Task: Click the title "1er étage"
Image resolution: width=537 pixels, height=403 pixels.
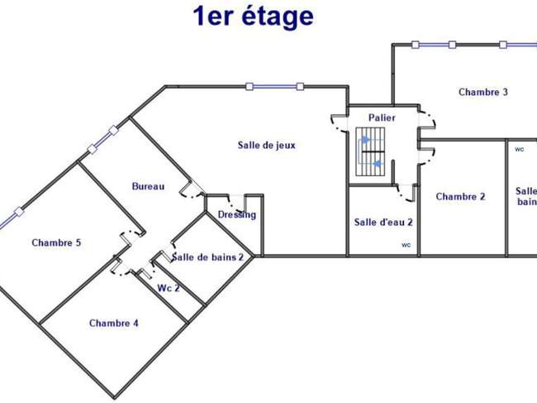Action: [x=253, y=17]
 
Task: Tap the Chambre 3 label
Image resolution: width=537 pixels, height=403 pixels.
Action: [x=483, y=92]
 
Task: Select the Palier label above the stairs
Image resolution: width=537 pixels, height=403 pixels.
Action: [x=382, y=118]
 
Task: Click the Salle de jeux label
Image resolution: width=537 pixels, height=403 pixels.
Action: [x=267, y=145]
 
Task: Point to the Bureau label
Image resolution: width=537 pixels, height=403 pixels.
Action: [x=148, y=186]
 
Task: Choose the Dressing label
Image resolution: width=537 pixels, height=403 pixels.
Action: [x=237, y=214]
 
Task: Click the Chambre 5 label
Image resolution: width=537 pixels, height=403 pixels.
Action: [x=56, y=242]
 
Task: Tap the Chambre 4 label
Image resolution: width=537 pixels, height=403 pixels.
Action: [x=114, y=323]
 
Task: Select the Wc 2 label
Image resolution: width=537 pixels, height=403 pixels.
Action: [x=169, y=288]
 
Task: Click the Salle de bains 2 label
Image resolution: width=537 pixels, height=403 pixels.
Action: [x=207, y=257]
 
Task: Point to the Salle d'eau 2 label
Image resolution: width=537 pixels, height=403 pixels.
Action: [x=383, y=223]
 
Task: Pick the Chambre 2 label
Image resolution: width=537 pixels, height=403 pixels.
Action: [x=461, y=196]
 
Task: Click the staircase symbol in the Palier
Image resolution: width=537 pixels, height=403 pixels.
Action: [x=370, y=151]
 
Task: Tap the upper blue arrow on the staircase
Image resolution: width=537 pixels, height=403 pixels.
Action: [x=366, y=140]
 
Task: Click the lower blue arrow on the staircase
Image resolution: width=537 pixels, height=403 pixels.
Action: [x=378, y=164]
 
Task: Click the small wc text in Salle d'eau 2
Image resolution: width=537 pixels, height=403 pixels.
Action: [x=406, y=245]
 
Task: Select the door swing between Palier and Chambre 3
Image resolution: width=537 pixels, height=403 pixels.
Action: [x=427, y=119]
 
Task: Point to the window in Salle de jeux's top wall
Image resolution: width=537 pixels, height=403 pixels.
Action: [x=274, y=86]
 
